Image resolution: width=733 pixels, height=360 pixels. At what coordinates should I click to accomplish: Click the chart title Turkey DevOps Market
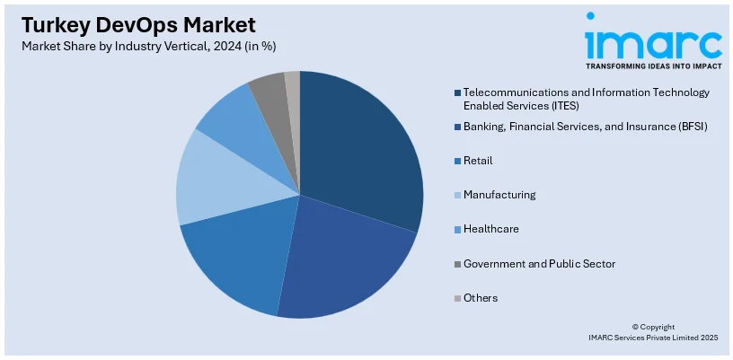134,24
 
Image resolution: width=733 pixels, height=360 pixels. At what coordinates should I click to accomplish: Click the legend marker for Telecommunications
458,92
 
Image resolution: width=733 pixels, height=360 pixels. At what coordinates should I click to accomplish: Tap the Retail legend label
478,161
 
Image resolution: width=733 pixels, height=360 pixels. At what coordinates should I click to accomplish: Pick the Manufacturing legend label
499,195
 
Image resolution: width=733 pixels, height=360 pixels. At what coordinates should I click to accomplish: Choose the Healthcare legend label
491,229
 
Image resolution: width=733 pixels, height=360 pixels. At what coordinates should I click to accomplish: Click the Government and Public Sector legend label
539,263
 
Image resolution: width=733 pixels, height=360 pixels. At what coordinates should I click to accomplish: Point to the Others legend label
481,297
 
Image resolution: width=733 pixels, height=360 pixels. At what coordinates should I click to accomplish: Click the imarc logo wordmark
653,42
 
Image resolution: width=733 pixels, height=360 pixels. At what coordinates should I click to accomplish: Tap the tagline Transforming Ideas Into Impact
653,66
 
